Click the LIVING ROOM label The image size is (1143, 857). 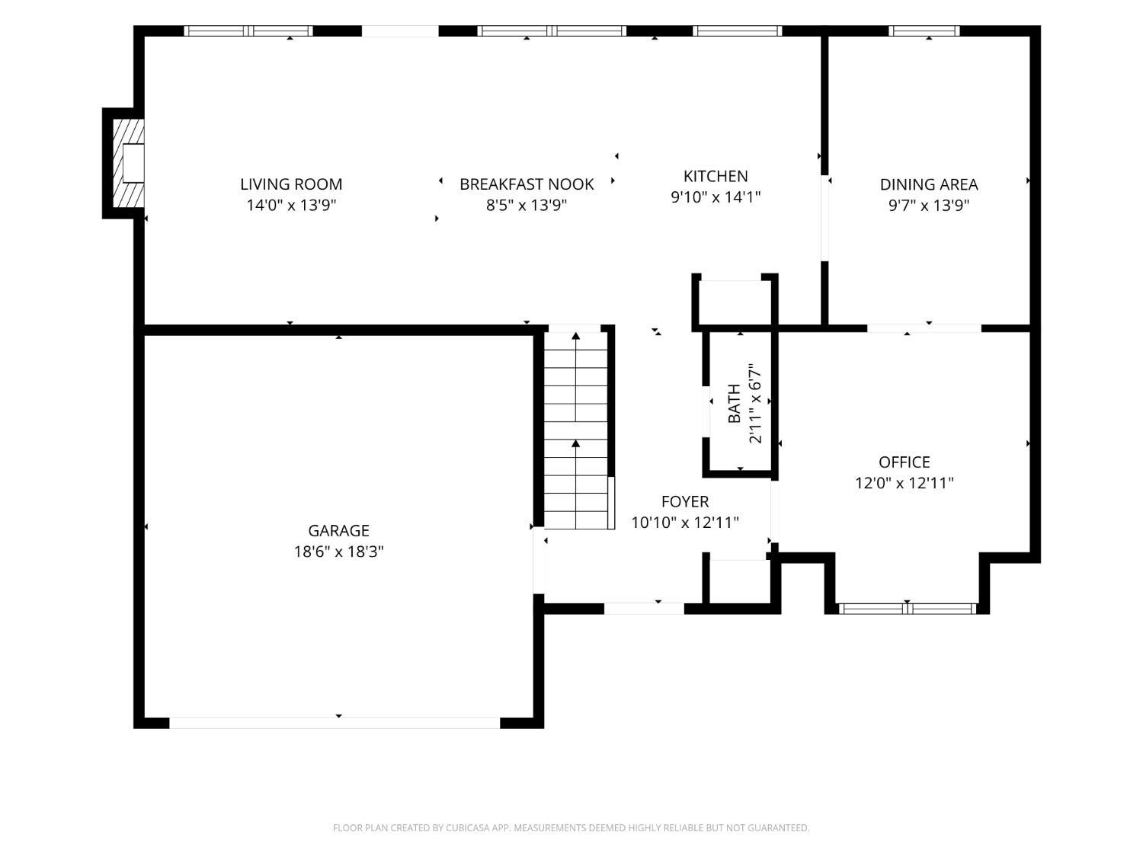pos(291,184)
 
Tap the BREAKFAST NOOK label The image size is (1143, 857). pos(527,184)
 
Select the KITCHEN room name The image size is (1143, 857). pos(716,177)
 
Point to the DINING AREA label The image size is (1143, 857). pos(929,184)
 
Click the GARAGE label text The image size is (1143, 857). pos(338,530)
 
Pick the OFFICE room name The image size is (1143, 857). pos(904,462)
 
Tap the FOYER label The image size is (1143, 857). pos(685,501)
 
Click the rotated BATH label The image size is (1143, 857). pos(734,403)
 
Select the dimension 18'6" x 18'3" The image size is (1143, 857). pos(338,551)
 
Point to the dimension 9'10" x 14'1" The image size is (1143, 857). pos(716,197)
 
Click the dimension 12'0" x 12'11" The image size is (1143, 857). pos(904,482)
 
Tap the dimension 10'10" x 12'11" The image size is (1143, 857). pos(685,522)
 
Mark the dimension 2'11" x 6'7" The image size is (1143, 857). pos(754,403)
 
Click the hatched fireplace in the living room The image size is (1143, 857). pos(129,163)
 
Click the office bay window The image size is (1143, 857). pos(907,609)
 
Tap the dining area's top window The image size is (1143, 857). pos(924,30)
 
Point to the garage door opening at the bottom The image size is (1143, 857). pos(335,723)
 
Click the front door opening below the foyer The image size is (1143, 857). pos(644,609)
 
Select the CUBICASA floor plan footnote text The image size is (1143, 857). pos(571,827)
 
